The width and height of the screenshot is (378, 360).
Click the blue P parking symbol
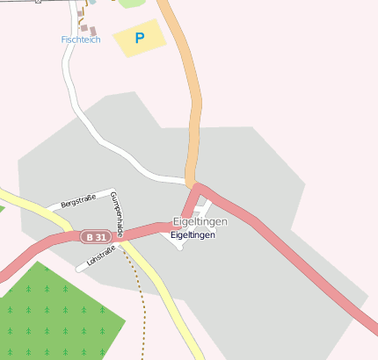[x=139, y=38]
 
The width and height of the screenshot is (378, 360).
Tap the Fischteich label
[x=81, y=40]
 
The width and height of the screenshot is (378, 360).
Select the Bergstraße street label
[x=77, y=202]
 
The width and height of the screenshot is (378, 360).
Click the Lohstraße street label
[x=101, y=256]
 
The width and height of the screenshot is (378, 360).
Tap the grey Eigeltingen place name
[x=200, y=221]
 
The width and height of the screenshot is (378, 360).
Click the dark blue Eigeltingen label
[x=193, y=235]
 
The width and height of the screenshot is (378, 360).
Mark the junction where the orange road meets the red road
[x=196, y=186]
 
